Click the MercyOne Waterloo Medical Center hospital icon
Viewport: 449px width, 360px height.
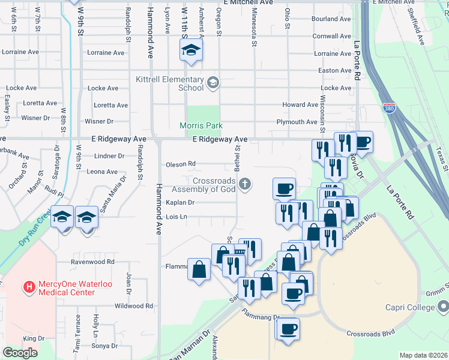pyautogui.click(x=28, y=287)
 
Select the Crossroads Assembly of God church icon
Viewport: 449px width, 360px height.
pyautogui.click(x=244, y=184)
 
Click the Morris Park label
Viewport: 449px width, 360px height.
pyautogui.click(x=201, y=125)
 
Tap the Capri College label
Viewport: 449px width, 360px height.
pyautogui.click(x=409, y=307)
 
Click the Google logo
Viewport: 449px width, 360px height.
pyautogui.click(x=20, y=353)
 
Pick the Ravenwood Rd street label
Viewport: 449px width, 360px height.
pyautogui.click(x=92, y=262)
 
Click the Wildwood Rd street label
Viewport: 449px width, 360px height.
pyautogui.click(x=125, y=306)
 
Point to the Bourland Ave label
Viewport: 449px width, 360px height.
pyautogui.click(x=331, y=19)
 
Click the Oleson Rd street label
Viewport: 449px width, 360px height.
pyautogui.click(x=181, y=164)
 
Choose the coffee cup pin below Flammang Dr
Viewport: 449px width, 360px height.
pyautogui.click(x=288, y=329)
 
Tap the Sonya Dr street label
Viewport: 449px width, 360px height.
pyautogui.click(x=104, y=346)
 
